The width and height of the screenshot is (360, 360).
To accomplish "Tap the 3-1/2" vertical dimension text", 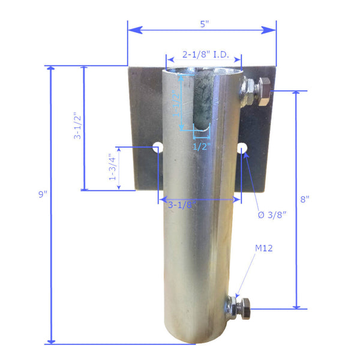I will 77,125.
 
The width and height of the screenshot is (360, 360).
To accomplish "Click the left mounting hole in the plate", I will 157,146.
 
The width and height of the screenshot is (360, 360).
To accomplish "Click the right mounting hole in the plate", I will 244,147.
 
